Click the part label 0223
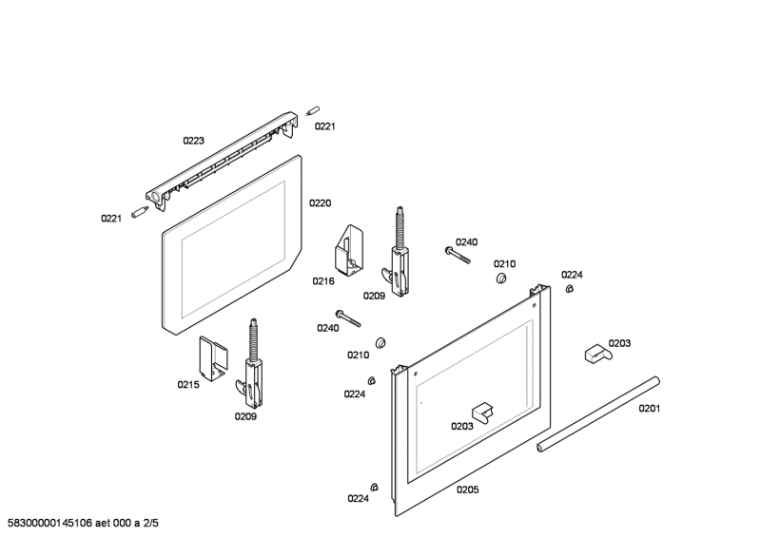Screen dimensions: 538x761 193,141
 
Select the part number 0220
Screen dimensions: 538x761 320,203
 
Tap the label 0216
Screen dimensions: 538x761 323,281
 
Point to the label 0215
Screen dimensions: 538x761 187,385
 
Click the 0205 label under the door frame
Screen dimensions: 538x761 467,490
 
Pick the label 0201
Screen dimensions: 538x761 649,409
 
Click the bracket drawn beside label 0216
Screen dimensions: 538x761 346,250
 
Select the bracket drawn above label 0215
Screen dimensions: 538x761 212,358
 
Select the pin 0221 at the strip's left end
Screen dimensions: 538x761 140,208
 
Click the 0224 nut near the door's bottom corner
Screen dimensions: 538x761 375,488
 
